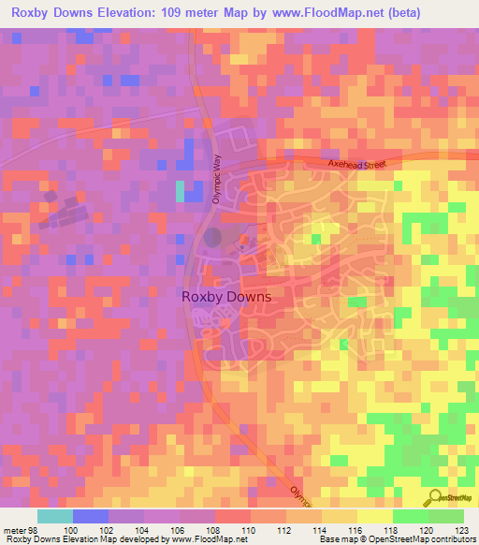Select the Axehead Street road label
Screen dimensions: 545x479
tap(356, 164)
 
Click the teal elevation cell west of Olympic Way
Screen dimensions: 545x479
tap(180, 191)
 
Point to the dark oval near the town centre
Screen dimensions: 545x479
tap(214, 237)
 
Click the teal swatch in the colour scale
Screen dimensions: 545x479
tap(55, 516)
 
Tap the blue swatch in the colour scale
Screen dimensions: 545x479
tap(91, 516)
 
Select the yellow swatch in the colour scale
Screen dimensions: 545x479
tap(374, 516)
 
